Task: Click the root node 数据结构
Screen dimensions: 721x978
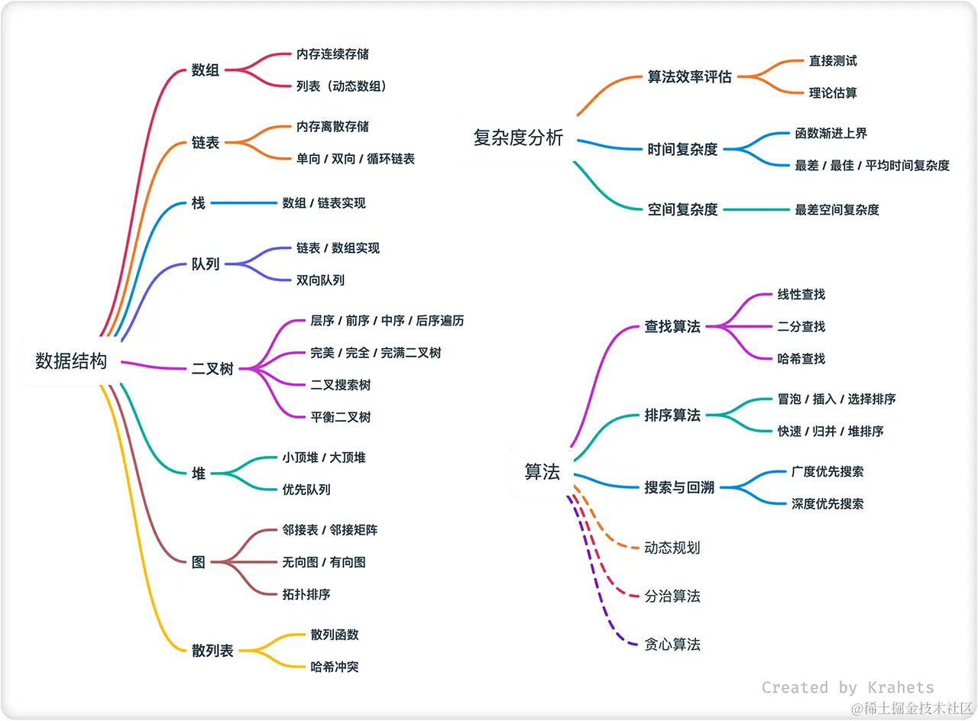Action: (71, 361)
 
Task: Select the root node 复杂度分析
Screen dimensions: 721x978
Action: (518, 138)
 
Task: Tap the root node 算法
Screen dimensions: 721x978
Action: (542, 472)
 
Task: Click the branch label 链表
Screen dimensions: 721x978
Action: (206, 143)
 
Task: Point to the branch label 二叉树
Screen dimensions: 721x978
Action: (212, 369)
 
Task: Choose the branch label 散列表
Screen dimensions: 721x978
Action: (212, 651)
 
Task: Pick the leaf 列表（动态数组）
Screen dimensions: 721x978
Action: (342, 86)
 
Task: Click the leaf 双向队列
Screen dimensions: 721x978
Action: (320, 280)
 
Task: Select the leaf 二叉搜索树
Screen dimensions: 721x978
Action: (341, 385)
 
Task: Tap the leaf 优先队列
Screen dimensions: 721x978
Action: (306, 490)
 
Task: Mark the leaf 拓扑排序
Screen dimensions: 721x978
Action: (306, 594)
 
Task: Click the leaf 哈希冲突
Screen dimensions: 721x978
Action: (335, 667)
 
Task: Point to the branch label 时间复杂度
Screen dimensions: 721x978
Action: (682, 149)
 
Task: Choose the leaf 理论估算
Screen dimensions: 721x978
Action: (833, 93)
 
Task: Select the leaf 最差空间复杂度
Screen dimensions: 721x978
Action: (837, 209)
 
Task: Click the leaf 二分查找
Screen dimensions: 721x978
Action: (802, 326)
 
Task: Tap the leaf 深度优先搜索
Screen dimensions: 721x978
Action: (827, 504)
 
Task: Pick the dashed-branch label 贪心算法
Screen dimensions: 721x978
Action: (672, 645)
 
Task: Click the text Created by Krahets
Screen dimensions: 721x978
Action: (847, 687)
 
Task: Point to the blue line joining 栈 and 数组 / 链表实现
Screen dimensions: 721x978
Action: (244, 203)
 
